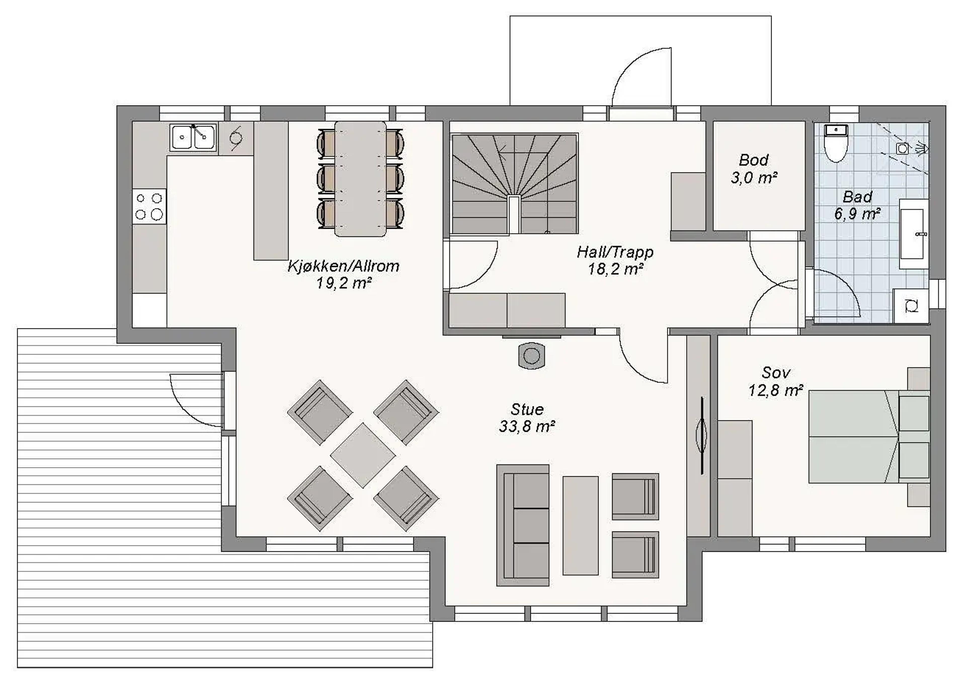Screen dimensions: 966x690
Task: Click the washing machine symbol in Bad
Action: click(910, 306)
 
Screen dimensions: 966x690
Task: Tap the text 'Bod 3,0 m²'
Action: click(754, 169)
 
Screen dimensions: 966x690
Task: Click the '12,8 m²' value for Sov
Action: click(776, 390)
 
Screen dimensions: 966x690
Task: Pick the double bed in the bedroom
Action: click(869, 437)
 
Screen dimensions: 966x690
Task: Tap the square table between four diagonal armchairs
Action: click(363, 455)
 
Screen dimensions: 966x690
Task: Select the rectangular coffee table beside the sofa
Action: click(580, 526)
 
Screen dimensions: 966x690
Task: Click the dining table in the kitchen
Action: click(360, 179)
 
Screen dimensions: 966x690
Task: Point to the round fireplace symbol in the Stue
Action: click(532, 356)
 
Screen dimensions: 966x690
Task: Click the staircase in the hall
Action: click(514, 183)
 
